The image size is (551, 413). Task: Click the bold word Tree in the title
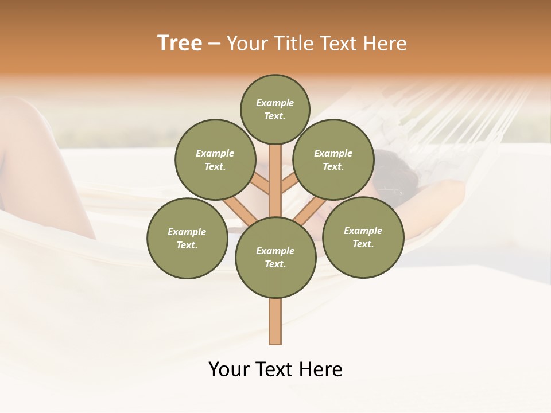coord(180,44)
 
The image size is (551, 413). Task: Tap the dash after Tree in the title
coord(214,44)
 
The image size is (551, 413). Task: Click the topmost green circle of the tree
coord(275,109)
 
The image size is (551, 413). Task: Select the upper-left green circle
coord(215,159)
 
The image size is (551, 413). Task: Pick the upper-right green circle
coord(333,159)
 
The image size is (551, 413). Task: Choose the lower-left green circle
coord(187,238)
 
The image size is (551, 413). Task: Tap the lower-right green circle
coord(363,237)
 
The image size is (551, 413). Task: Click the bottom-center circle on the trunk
coord(275,257)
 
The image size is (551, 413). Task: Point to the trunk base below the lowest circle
coord(275,321)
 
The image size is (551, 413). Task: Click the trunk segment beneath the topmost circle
coord(275,172)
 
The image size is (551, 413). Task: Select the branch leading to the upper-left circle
coord(259,185)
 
